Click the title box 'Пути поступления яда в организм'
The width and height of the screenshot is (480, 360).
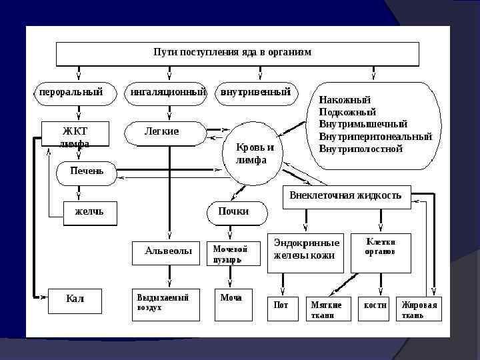[237, 53]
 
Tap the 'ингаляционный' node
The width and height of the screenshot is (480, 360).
[167, 93]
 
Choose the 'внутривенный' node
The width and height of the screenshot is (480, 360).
[255, 93]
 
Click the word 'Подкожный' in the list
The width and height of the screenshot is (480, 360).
[347, 112]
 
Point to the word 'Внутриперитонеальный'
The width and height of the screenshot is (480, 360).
[375, 137]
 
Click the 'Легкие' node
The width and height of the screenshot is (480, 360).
[163, 132]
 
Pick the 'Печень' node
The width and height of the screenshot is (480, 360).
[87, 171]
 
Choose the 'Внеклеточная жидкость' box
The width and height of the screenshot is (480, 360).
[345, 196]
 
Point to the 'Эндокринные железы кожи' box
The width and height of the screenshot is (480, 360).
[306, 252]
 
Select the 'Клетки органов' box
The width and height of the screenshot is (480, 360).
[381, 252]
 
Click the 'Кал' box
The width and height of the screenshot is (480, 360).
[75, 300]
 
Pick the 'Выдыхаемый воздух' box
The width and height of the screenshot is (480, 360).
[165, 304]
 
